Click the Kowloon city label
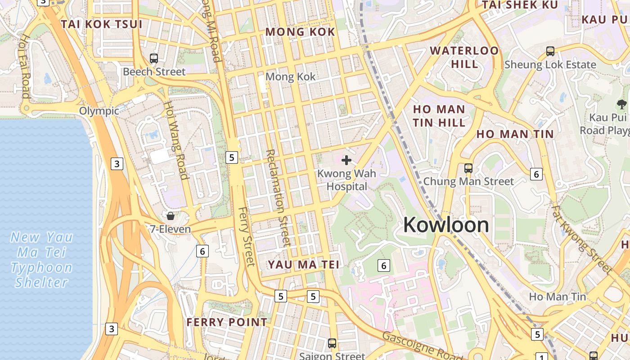[445, 225]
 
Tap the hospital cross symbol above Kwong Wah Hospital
[346, 160]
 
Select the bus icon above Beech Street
[154, 58]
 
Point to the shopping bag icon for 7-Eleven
[171, 216]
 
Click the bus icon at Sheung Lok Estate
[550, 51]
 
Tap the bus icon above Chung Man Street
[468, 168]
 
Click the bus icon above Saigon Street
[332, 343]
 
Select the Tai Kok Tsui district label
[102, 24]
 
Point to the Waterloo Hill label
[464, 57]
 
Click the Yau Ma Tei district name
[304, 265]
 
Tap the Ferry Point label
[227, 322]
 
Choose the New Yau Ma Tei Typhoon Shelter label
[41, 260]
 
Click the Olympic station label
[99, 111]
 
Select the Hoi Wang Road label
[175, 140]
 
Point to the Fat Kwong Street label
[582, 240]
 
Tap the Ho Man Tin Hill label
[439, 116]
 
